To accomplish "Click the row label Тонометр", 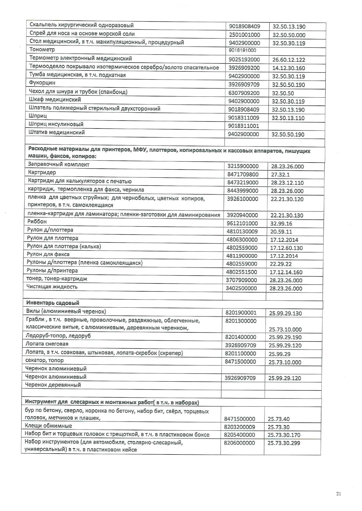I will (42, 50).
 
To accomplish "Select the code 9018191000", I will (243, 50).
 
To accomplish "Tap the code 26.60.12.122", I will (288, 60).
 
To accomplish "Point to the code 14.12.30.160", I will (288, 68).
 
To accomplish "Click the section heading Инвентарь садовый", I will (53, 303).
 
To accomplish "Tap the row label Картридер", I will (42, 172).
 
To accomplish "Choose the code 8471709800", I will (243, 175).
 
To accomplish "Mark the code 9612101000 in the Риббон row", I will (242, 223).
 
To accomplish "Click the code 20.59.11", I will (281, 232).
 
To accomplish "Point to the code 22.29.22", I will (281, 264).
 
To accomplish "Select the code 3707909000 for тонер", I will (241, 280).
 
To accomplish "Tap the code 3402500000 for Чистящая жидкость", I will (241, 288).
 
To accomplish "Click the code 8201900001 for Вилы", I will (241, 313).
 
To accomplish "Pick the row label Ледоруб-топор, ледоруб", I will (58, 336).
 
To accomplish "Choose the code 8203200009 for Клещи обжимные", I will (239, 427).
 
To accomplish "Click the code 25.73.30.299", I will (284, 443).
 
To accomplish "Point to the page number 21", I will (339, 494).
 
